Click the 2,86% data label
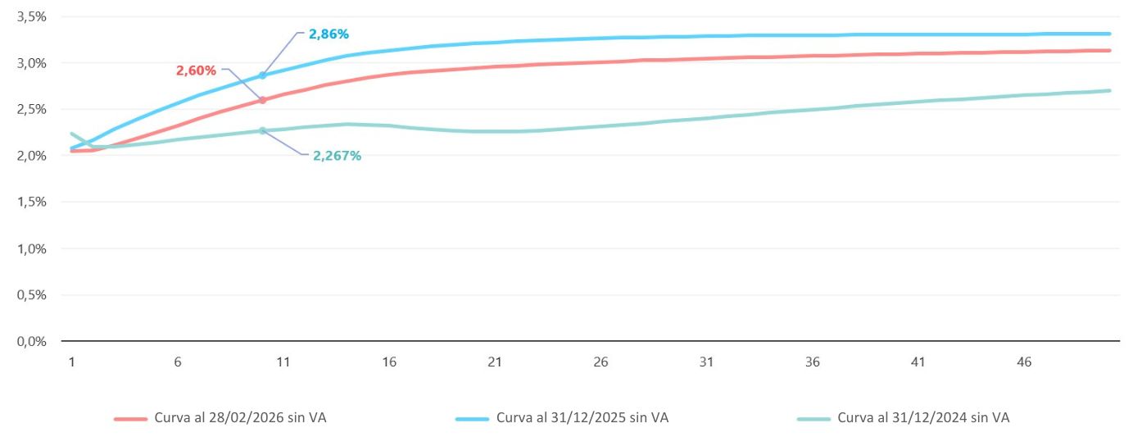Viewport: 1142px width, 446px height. [x=329, y=34]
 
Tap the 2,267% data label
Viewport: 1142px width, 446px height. [x=337, y=156]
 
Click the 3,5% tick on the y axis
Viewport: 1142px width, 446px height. [x=32, y=16]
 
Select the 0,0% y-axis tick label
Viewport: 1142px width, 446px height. [x=32, y=341]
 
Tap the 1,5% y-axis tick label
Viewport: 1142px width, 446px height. [x=32, y=202]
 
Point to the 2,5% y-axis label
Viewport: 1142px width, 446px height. [x=32, y=109]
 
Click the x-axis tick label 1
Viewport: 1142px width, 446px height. [x=72, y=362]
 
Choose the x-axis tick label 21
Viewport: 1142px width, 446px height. [x=495, y=362]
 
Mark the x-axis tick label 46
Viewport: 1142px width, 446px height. [x=1024, y=362]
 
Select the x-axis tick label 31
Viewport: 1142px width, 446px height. [x=706, y=362]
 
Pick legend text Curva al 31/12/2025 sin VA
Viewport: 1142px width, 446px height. [x=582, y=417]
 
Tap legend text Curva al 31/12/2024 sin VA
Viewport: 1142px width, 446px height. [x=923, y=417]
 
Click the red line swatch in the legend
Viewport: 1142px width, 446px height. [x=130, y=418]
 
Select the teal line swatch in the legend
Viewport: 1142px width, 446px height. [x=813, y=418]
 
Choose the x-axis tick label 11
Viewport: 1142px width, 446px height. [x=283, y=362]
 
